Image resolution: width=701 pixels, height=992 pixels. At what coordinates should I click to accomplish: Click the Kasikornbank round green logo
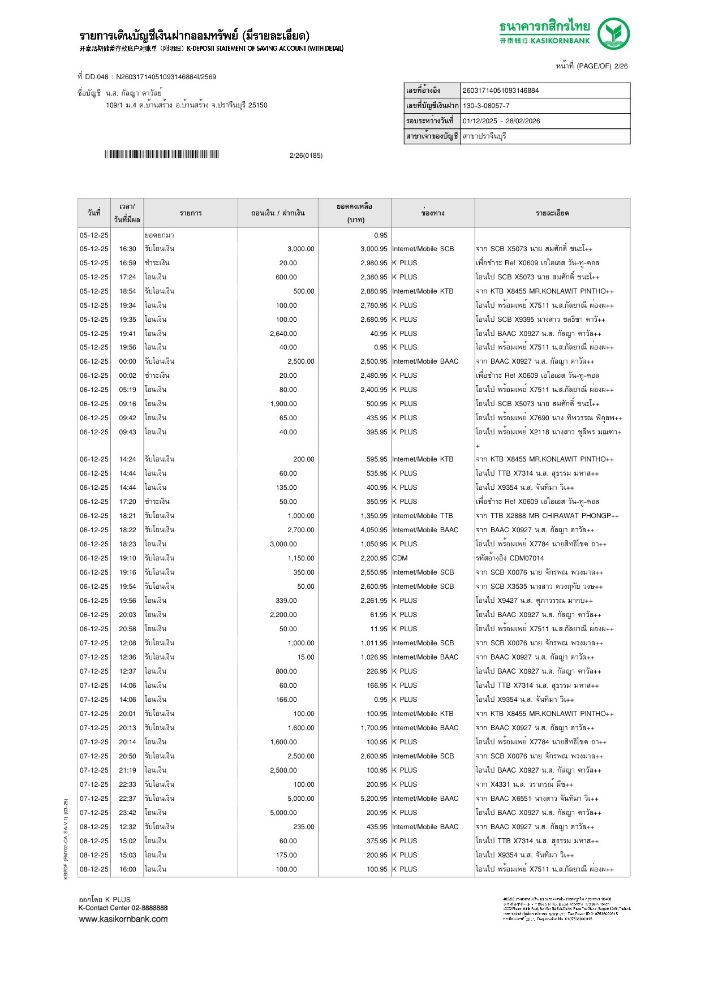pos(613,33)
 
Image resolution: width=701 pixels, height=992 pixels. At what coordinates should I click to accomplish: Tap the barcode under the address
pos(161,154)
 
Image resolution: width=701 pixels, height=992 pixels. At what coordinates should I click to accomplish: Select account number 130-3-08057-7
pos(486,106)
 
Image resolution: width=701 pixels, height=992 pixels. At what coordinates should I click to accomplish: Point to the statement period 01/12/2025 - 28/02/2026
pos(501,121)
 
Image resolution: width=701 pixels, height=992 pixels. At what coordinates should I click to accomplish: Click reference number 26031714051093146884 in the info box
pos(501,90)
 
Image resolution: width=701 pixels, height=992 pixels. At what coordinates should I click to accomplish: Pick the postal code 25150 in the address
pos(258,105)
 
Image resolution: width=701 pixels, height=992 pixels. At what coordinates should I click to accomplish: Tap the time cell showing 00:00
pos(127,361)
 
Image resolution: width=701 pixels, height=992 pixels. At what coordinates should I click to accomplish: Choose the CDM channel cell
pos(399,558)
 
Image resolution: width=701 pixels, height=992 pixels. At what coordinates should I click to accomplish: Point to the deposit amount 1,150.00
pos(300,558)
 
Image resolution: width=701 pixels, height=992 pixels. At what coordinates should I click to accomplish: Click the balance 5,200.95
pos(373,799)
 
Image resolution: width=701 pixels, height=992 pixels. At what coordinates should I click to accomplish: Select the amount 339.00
pos(286,601)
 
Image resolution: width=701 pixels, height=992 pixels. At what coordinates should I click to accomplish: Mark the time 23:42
pos(127,813)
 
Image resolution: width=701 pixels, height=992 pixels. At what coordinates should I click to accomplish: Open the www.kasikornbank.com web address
pos(123,919)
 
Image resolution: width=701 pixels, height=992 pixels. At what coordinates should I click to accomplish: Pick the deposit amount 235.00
pos(303,827)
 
